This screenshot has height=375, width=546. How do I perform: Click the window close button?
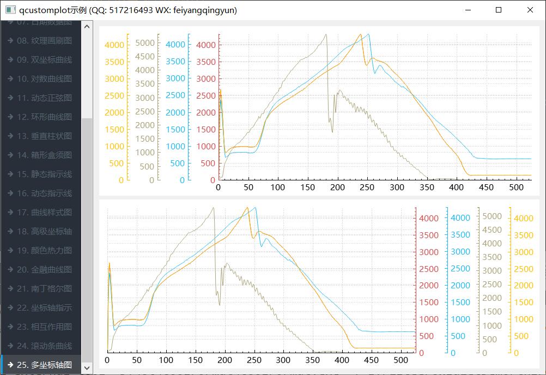click(530, 10)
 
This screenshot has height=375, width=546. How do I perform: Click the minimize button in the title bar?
click(468, 10)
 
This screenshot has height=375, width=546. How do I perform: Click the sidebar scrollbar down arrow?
click(87, 368)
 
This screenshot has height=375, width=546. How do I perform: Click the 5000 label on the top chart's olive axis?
click(145, 43)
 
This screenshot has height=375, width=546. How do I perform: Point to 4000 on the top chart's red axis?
click(206, 45)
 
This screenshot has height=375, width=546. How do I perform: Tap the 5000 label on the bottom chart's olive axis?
click(492, 216)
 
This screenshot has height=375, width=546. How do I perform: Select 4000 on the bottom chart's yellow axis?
click(524, 218)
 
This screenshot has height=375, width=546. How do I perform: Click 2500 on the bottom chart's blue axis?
click(460, 268)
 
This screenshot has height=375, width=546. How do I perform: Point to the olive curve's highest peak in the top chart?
click(326, 34)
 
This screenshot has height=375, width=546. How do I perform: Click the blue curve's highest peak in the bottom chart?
click(255, 207)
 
